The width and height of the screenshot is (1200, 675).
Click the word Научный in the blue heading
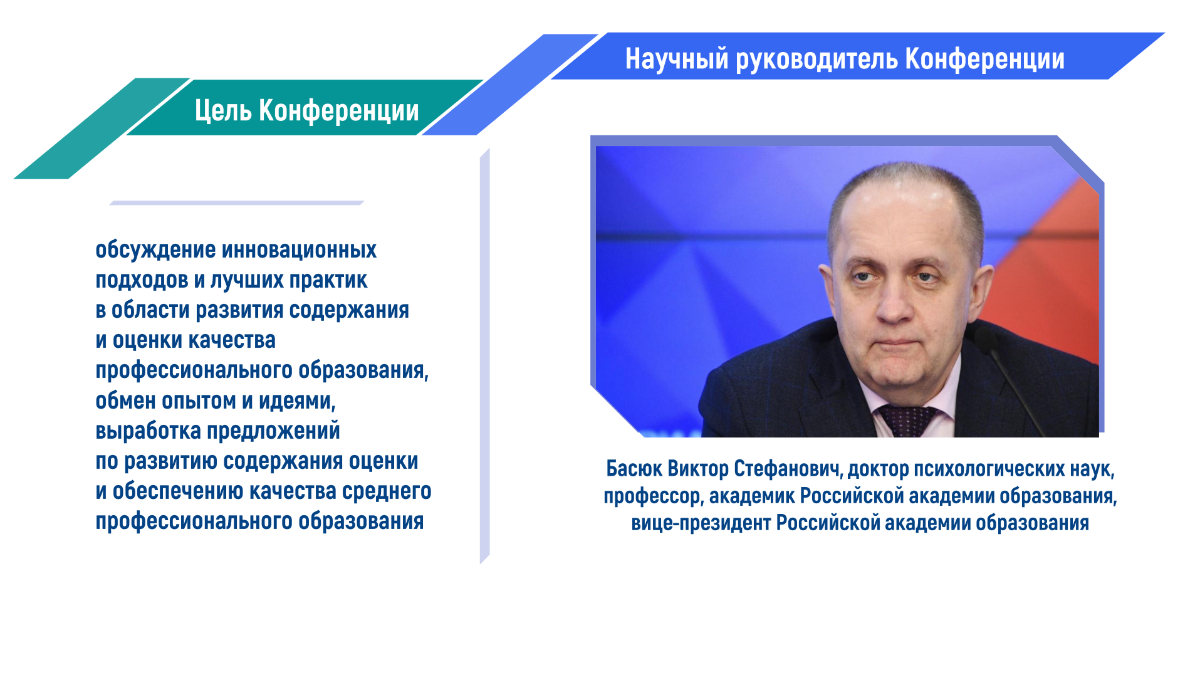(x=677, y=59)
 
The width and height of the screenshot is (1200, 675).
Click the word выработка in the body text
(x=148, y=431)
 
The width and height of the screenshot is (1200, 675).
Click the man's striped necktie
(x=907, y=420)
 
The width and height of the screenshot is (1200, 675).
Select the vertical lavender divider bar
(x=484, y=356)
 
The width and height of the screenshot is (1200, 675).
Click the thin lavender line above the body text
(x=237, y=202)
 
